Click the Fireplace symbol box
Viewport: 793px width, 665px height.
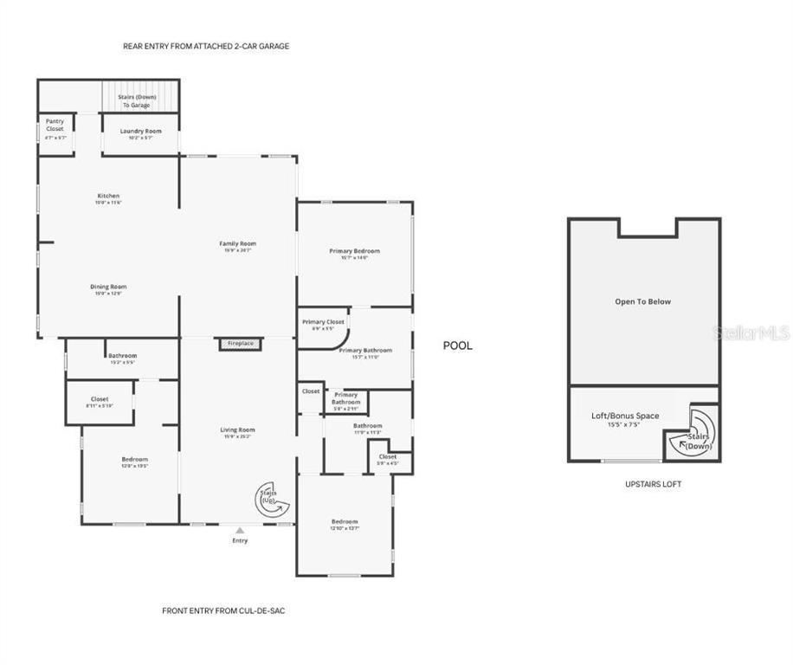click(x=240, y=344)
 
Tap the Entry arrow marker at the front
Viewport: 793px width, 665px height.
click(x=240, y=530)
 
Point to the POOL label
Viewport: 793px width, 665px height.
click(x=458, y=345)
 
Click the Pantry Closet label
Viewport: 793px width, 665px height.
click(x=55, y=125)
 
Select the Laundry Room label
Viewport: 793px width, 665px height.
click(x=140, y=131)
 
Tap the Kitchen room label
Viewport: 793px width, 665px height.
click(x=108, y=196)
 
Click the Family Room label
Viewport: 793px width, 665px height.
click(x=237, y=244)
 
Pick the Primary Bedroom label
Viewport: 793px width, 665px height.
click(x=354, y=251)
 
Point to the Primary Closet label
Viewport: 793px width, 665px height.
click(x=323, y=322)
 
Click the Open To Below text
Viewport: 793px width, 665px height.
click(x=642, y=302)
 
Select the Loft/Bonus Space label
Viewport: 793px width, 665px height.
click(x=625, y=416)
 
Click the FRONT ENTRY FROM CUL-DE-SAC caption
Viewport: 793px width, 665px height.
click(x=223, y=610)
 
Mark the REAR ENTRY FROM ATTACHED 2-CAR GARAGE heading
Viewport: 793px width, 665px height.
click(x=206, y=46)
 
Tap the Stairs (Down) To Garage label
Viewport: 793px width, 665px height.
click(x=137, y=100)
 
